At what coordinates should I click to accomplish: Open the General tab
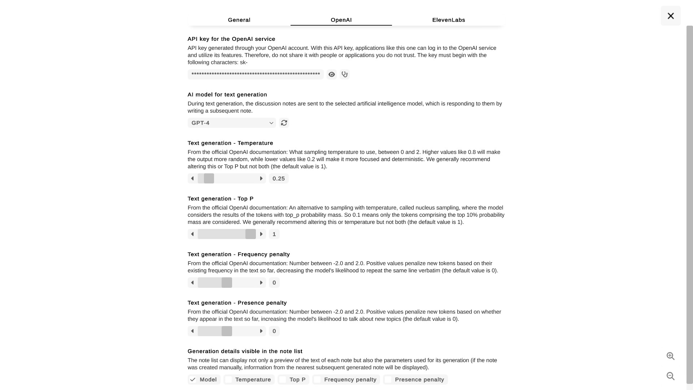pos(239,20)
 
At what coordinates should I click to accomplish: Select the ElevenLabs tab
pos(448,20)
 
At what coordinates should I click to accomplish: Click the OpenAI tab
pos(341,20)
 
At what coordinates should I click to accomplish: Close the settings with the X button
pos(671,16)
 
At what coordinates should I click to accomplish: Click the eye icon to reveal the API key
pos(331,74)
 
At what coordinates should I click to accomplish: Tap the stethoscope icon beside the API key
pos(345,74)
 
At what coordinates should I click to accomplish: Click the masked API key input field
pos(256,74)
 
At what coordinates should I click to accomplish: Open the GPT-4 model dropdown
pos(232,123)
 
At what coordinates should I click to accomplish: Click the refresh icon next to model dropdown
pos(284,123)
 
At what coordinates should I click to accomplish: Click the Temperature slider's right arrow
pos(261,178)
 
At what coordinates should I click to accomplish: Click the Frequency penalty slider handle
pos(227,282)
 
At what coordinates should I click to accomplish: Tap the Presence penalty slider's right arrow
pos(261,331)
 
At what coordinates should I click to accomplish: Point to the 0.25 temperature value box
pos(279,178)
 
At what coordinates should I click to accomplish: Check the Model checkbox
pos(193,380)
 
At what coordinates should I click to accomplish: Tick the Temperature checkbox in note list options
pos(228,380)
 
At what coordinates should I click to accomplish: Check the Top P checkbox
pos(283,380)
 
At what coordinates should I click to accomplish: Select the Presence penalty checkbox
pos(388,380)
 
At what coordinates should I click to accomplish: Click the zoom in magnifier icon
pos(670,356)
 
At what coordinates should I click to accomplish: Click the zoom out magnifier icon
pos(670,376)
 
